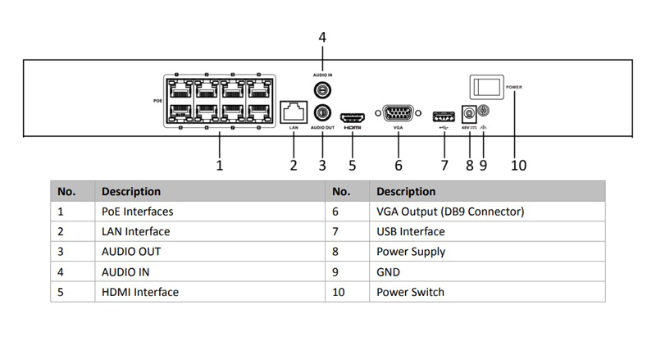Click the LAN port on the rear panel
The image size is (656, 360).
tap(293, 111)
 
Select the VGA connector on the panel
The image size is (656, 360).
tap(399, 114)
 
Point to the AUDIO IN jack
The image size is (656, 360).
tap(322, 89)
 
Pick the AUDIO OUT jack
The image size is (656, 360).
tap(322, 112)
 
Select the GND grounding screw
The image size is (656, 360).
tap(483, 111)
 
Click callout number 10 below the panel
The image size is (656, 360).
tap(518, 165)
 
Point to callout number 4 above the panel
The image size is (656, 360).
tap(322, 37)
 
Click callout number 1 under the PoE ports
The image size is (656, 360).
tap(220, 165)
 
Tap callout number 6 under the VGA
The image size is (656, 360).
tap(399, 165)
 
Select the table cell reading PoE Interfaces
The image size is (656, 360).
tap(137, 212)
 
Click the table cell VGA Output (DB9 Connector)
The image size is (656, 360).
tap(449, 212)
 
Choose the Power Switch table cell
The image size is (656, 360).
tap(410, 291)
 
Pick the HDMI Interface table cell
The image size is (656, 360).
tap(139, 291)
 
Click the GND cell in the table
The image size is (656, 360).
tap(389, 271)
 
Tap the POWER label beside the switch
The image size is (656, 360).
tap(515, 86)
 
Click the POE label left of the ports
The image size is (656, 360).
tap(158, 101)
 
